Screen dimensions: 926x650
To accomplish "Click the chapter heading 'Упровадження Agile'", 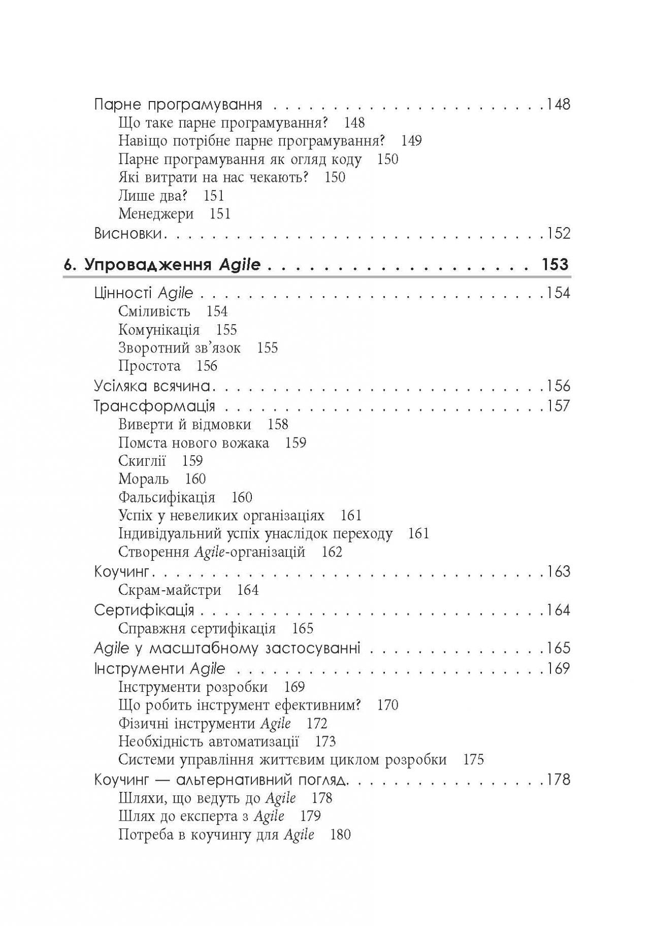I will [172, 265].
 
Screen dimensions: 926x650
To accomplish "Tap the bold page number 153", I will [555, 265].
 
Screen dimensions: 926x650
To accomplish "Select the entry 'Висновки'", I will [128, 234].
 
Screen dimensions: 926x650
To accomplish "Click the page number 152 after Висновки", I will [558, 234].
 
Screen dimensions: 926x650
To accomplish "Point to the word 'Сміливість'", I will [154, 311].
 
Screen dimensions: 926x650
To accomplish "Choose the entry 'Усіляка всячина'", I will [152, 386].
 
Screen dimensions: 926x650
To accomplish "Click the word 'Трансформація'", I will [155, 406].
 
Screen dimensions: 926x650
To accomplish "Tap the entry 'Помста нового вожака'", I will [193, 442].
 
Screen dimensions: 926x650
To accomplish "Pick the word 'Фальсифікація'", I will [167, 497].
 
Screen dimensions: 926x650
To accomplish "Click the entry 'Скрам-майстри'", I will [170, 590].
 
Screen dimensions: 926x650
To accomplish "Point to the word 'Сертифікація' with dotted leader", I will [144, 610].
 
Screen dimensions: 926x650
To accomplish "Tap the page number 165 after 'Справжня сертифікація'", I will [303, 628].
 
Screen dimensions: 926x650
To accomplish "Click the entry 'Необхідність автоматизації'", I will [208, 742].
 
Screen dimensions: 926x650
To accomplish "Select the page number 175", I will [474, 760].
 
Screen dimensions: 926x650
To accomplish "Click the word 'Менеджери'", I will [156, 214].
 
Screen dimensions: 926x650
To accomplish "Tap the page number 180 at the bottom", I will [340, 835].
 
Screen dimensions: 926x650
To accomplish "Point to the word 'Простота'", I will [149, 366].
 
